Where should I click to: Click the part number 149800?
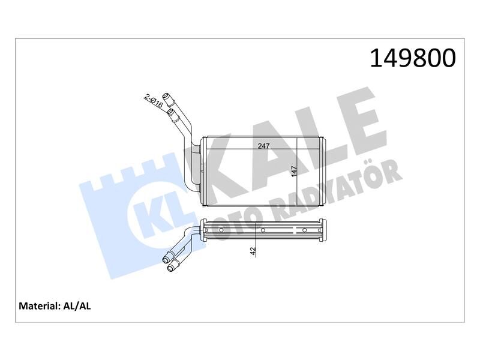tap(413, 58)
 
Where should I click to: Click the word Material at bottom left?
tap(38, 305)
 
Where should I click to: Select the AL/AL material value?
tap(76, 305)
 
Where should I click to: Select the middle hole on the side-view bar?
tap(263, 230)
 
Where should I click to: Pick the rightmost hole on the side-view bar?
tap(305, 230)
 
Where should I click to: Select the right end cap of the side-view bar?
tap(324, 230)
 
